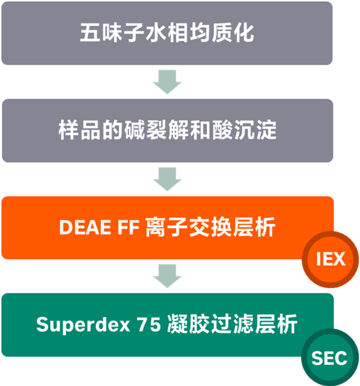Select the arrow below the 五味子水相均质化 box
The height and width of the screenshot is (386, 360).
[167, 82]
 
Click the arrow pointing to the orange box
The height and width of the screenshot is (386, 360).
[167, 179]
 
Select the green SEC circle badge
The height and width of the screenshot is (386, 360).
[329, 358]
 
